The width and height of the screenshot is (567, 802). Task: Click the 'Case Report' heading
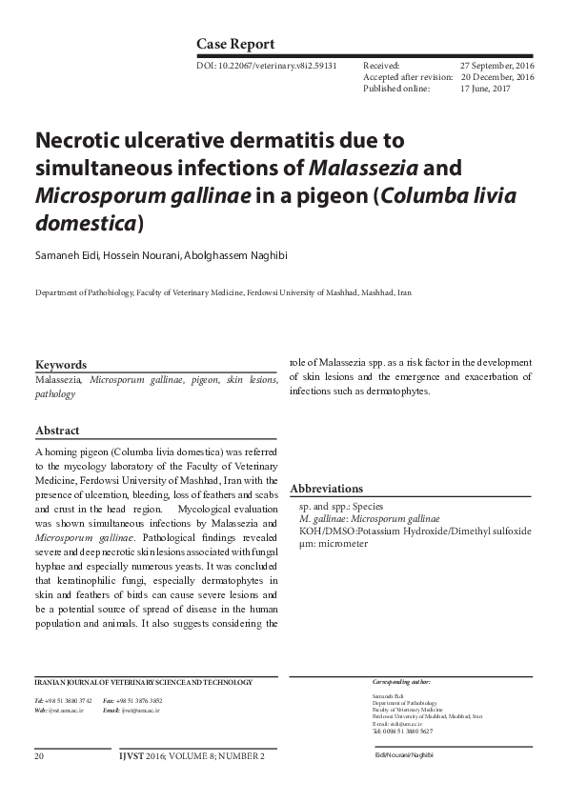click(x=235, y=44)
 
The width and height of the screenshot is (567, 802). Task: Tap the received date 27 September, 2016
click(x=496, y=66)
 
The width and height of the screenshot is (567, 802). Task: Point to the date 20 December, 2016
click(x=497, y=77)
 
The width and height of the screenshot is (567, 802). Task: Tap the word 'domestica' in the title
click(x=86, y=222)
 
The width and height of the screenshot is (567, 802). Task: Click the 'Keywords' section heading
click(x=61, y=365)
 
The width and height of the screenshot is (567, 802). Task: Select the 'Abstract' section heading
click(x=57, y=431)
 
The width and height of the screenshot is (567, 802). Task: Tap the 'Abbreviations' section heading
click(x=326, y=489)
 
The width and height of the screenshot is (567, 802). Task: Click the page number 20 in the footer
click(x=39, y=756)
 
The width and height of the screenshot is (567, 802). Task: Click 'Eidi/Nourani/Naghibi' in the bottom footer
click(x=404, y=756)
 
